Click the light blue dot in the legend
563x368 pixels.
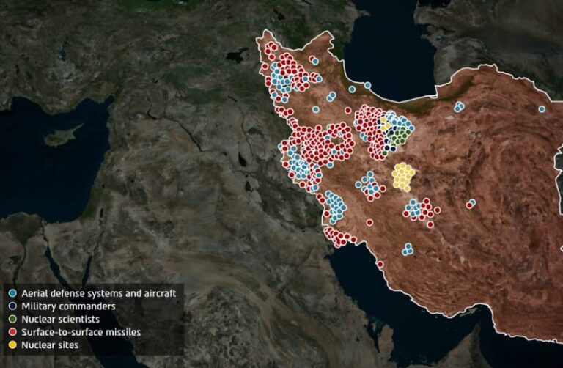pyautogui.click(x=12, y=293)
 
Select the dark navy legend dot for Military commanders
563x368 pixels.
pyautogui.click(x=12, y=306)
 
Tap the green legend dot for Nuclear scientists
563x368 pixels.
pyautogui.click(x=12, y=319)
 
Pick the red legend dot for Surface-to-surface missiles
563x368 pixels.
pyautogui.click(x=12, y=332)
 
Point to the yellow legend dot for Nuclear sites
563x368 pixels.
pyautogui.click(x=12, y=345)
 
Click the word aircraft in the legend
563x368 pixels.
pyautogui.click(x=158, y=293)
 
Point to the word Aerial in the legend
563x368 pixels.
pyautogui.click(x=35, y=293)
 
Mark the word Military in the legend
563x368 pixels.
pyautogui.click(x=39, y=306)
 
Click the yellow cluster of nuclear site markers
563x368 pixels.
pyautogui.click(x=403, y=177)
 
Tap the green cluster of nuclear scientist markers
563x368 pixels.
pyautogui.click(x=398, y=136)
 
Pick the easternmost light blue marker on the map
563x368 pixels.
pyautogui.click(x=542, y=108)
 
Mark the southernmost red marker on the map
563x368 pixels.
pyautogui.click(x=380, y=264)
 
